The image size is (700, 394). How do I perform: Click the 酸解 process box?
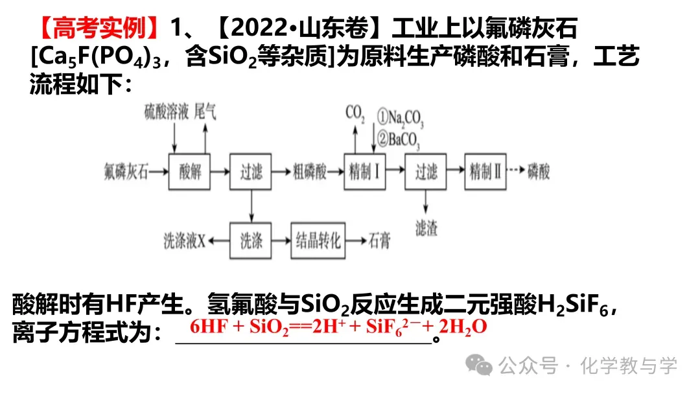click(x=191, y=172)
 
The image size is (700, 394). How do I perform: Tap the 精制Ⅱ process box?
click(x=487, y=172)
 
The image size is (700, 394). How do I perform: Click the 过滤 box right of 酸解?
click(x=251, y=172)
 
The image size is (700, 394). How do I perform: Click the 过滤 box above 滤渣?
click(x=426, y=172)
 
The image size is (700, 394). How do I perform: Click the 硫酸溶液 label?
click(x=167, y=112)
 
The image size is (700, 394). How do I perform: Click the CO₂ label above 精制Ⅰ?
click(x=355, y=114)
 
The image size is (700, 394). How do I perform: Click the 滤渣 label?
click(x=426, y=227)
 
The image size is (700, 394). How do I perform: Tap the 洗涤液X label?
click(x=184, y=242)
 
